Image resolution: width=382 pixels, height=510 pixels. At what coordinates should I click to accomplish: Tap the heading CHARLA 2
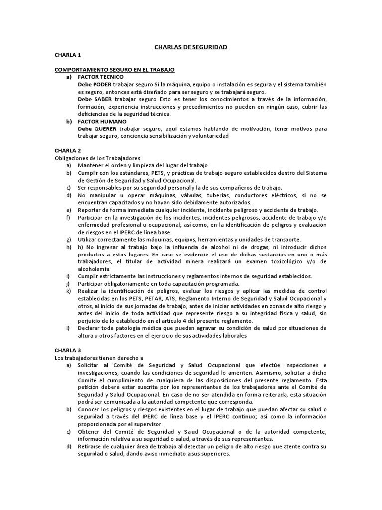67,150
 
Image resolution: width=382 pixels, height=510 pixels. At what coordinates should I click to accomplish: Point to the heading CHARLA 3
67,350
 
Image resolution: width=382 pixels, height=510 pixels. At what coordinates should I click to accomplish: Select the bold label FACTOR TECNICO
101,77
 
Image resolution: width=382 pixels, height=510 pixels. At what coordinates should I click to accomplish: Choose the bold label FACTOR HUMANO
102,121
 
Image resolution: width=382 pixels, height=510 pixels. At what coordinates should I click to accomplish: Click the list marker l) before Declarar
68,328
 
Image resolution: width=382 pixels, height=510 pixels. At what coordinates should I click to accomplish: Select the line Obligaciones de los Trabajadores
97,158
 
